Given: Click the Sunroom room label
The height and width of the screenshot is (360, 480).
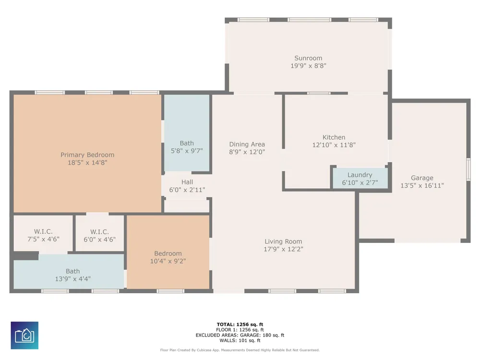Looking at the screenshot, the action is pyautogui.click(x=308, y=58).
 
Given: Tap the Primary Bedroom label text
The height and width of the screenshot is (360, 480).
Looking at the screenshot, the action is pyautogui.click(x=87, y=155).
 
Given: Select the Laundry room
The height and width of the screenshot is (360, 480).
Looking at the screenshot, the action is pyautogui.click(x=360, y=179).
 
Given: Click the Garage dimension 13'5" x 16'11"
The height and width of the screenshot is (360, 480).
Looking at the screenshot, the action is pyautogui.click(x=422, y=185).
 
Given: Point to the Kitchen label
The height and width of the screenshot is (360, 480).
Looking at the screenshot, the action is pyautogui.click(x=334, y=137).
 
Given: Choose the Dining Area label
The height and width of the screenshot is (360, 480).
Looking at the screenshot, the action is pyautogui.click(x=247, y=144).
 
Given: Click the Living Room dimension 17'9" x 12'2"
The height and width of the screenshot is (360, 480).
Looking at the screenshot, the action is pyautogui.click(x=284, y=249).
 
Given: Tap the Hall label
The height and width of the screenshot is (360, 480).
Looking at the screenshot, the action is pyautogui.click(x=187, y=182).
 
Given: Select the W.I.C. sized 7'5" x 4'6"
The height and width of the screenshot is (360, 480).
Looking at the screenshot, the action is pyautogui.click(x=44, y=235).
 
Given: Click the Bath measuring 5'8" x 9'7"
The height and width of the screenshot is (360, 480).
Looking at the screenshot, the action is pyautogui.click(x=187, y=133).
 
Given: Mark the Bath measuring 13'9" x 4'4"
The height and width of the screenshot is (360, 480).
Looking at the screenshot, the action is pyautogui.click(x=69, y=272).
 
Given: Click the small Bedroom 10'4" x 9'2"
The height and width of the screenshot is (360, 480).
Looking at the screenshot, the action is pyautogui.click(x=168, y=252).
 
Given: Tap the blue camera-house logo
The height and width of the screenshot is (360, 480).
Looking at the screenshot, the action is pyautogui.click(x=24, y=335).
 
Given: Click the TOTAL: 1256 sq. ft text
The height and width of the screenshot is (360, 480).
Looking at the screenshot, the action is pyautogui.click(x=240, y=324).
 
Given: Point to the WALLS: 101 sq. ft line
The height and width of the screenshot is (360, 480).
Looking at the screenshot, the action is pyautogui.click(x=240, y=340).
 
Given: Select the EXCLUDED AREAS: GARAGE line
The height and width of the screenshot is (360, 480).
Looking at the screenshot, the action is pyautogui.click(x=240, y=335).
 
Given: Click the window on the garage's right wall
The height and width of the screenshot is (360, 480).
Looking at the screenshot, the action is pyautogui.click(x=468, y=169).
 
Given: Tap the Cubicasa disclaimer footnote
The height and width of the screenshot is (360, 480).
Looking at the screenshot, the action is pyautogui.click(x=240, y=350).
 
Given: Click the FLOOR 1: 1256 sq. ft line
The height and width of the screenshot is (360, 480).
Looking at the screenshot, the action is pyautogui.click(x=240, y=330).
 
